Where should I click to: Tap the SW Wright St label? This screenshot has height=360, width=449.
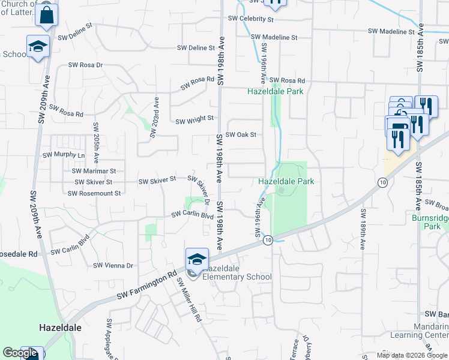[x=194, y=120]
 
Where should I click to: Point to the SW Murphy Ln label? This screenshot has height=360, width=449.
[x=64, y=155]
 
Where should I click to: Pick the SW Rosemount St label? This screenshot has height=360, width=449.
[x=94, y=193]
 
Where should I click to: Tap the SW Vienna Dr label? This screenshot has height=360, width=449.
[x=113, y=265]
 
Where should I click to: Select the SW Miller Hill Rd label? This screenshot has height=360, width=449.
[x=190, y=301]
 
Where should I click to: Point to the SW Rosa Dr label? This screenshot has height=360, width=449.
[x=85, y=65]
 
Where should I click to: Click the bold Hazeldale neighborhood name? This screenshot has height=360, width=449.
[x=60, y=328]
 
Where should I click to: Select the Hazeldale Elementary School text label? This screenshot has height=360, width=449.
[x=237, y=272]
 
